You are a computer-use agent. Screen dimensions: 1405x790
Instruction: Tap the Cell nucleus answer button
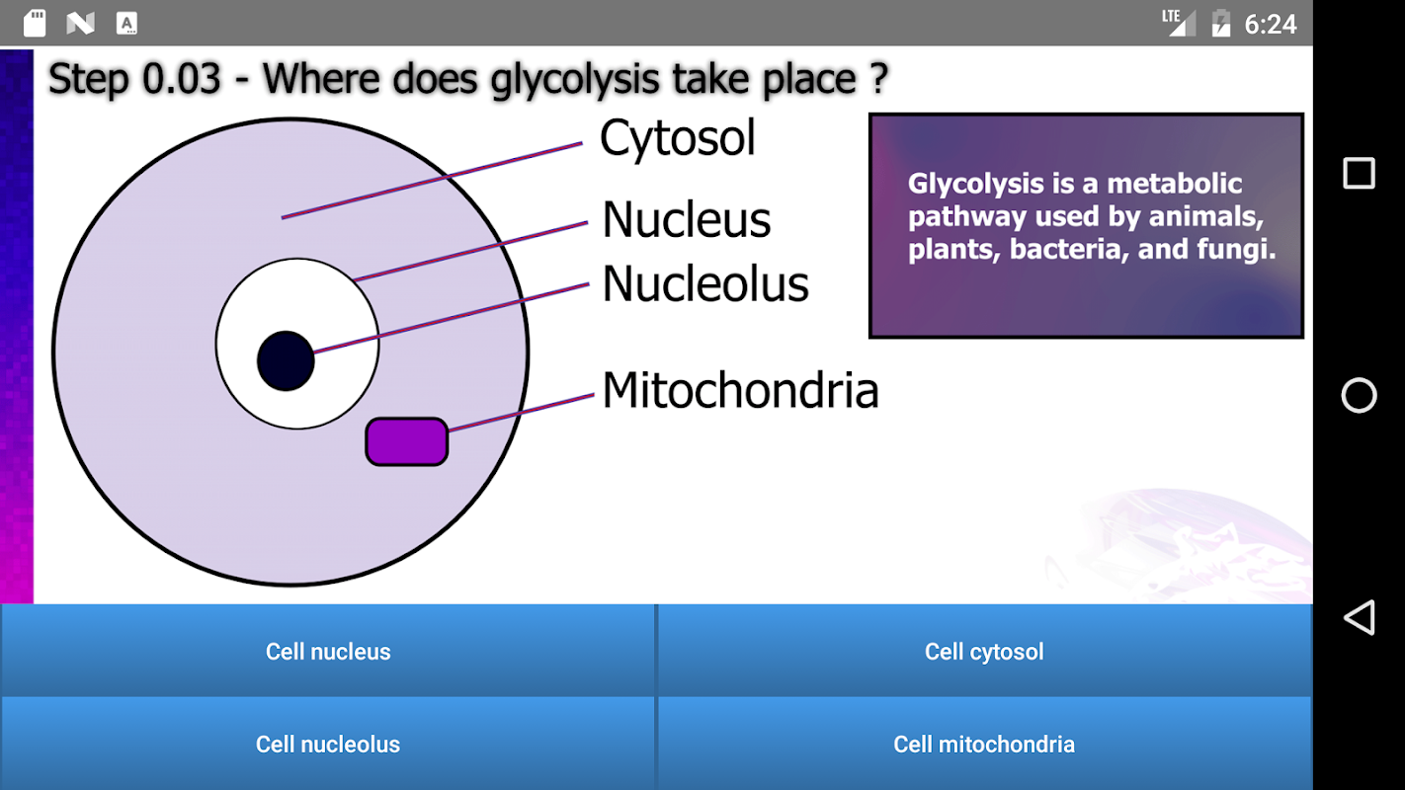coord(327,651)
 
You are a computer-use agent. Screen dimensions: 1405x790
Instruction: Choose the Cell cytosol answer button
coord(984,651)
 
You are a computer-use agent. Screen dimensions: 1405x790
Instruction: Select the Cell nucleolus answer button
coord(327,744)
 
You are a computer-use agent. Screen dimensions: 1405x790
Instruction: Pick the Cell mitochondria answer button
coord(984,744)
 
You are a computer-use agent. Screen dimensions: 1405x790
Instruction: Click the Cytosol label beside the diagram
coord(678,138)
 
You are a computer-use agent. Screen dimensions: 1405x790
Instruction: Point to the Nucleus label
coord(686,219)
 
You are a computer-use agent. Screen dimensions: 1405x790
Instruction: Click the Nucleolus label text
coord(705,283)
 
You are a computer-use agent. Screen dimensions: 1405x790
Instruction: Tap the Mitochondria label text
coord(740,390)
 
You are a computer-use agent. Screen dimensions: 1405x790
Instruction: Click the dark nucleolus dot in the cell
coord(286,361)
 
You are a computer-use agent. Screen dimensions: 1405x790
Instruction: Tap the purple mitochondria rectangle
coord(406,441)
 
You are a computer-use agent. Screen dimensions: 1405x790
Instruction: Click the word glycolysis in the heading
coord(574,80)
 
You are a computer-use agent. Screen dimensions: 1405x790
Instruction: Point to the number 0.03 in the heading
coord(181,79)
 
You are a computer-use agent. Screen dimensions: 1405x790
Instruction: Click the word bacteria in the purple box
coord(1065,249)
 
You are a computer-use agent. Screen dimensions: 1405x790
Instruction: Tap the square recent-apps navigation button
coord(1359,173)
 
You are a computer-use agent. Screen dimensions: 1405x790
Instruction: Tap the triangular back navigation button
coord(1360,617)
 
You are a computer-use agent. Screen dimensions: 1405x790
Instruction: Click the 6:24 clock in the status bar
coord(1271,25)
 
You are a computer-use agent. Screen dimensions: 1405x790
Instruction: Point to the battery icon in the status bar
coord(1220,23)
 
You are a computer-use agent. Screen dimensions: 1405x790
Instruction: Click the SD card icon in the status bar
coord(35,23)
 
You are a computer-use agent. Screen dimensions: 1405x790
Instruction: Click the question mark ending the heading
coord(878,78)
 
